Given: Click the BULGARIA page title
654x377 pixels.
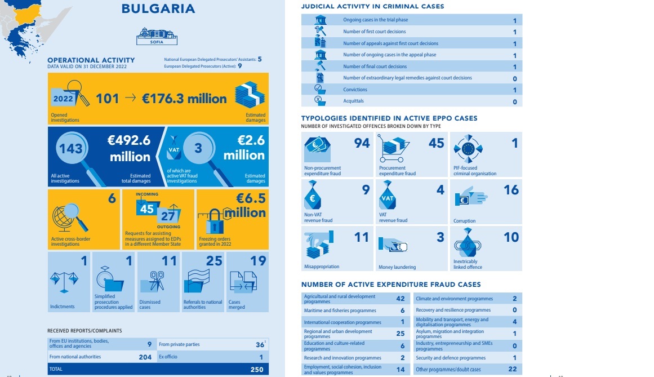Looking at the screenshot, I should (x=158, y=8).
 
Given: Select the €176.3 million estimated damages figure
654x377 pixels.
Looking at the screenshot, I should (x=184, y=99).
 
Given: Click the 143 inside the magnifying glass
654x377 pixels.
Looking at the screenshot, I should (x=72, y=149).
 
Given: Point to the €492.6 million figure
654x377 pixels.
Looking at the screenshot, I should (x=129, y=148).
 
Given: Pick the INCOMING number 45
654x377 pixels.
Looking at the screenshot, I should (x=147, y=209).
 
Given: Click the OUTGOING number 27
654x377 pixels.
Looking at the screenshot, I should (x=167, y=216).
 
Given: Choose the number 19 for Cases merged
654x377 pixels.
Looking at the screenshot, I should (x=257, y=261).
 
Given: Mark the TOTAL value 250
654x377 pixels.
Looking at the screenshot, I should (x=257, y=369).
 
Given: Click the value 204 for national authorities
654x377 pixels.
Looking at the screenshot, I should (x=145, y=357).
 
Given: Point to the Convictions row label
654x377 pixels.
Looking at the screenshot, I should (x=355, y=90).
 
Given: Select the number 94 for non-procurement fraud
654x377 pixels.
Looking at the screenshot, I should (x=362, y=143).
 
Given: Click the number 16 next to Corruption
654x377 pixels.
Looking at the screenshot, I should (x=511, y=190).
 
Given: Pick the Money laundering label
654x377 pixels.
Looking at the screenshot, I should (x=397, y=267).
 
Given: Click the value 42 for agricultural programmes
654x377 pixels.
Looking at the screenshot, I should (x=401, y=299).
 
